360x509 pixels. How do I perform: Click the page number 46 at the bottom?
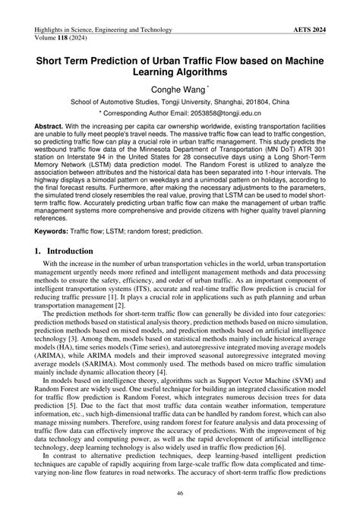click(x=180, y=495)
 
